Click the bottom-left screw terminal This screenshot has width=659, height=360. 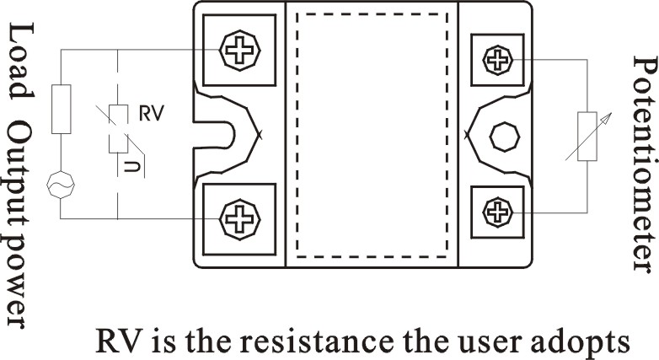(x=238, y=219)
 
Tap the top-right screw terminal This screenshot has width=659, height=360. (x=498, y=59)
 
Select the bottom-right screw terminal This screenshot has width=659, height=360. (x=498, y=211)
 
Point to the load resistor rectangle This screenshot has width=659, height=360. (x=62, y=109)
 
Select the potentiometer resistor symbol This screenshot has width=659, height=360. (x=587, y=136)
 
